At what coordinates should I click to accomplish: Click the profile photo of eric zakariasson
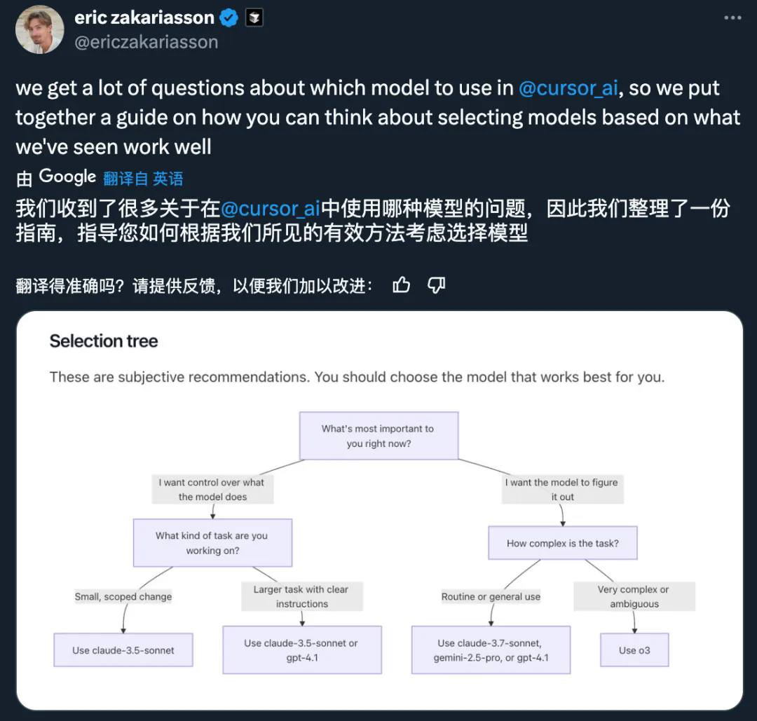click(x=39, y=29)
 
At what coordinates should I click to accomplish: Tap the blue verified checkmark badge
click(x=229, y=18)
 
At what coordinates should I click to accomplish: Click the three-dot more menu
click(x=732, y=18)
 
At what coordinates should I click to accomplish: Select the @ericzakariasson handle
click(x=146, y=43)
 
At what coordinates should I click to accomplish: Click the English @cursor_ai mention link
click(x=568, y=88)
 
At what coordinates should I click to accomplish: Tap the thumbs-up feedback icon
click(x=401, y=285)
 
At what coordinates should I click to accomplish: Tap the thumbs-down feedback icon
click(x=437, y=285)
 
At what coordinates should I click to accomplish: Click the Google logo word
click(x=67, y=177)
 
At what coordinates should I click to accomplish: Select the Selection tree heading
click(x=104, y=341)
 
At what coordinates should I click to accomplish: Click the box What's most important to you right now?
click(x=378, y=436)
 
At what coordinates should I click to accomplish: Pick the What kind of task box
click(x=212, y=543)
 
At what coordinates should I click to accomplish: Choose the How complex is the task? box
click(x=562, y=543)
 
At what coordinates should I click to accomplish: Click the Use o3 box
click(x=634, y=650)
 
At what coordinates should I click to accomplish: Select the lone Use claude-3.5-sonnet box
click(x=123, y=650)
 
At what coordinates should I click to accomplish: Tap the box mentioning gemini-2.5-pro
click(x=491, y=650)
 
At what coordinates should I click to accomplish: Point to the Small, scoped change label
click(x=123, y=596)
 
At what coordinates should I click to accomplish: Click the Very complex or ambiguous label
click(x=634, y=596)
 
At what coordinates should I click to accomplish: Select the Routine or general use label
click(x=491, y=596)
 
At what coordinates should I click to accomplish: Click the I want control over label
click(x=212, y=489)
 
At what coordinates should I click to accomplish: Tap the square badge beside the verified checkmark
click(x=254, y=18)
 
